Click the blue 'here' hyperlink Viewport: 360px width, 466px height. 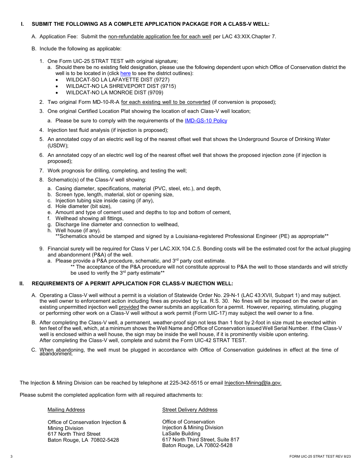[x=125, y=73]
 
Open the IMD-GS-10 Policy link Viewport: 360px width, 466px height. [x=206, y=120]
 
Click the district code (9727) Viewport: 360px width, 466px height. [x=162, y=80]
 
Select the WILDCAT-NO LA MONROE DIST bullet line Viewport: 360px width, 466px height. [x=114, y=92]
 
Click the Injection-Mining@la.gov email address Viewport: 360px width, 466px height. [x=253, y=383]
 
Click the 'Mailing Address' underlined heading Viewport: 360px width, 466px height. [x=66, y=410]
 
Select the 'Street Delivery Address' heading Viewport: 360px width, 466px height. [x=190, y=410]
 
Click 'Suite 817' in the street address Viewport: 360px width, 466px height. [x=229, y=439]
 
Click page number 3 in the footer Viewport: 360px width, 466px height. [x=11, y=457]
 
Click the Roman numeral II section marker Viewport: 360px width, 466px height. [x=22, y=283]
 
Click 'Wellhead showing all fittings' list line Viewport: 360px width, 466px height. [x=89, y=218]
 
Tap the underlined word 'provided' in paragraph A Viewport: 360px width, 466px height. [x=129, y=307]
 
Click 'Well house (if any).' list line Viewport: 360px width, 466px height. [x=78, y=230]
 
